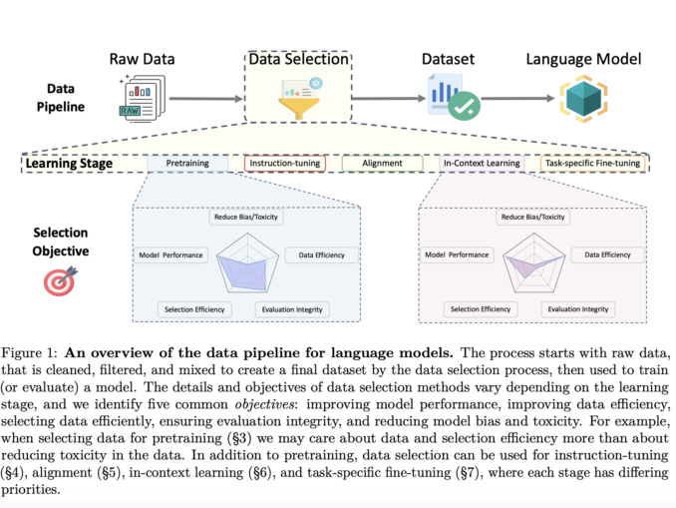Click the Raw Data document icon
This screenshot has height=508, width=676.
tap(140, 99)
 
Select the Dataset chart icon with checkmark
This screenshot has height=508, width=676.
tap(447, 99)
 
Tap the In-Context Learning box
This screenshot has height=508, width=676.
tap(483, 162)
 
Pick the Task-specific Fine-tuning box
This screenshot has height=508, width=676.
tap(593, 162)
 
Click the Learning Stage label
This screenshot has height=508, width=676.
tap(68, 162)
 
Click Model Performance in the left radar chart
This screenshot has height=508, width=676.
tap(170, 254)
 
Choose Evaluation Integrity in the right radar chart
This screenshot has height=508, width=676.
tap(577, 309)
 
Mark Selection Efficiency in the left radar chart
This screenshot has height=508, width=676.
tap(196, 309)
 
